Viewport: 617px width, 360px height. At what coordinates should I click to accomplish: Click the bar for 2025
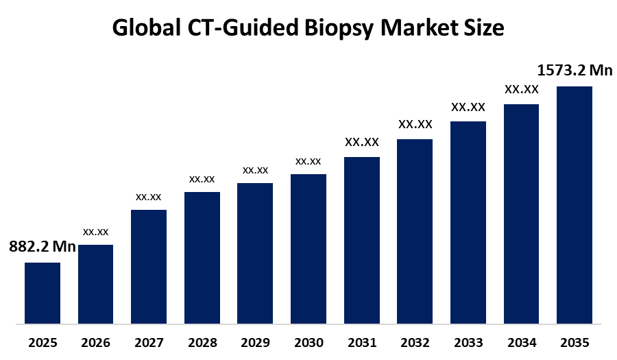point(43,292)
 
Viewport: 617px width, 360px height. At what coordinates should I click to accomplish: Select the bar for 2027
point(149,266)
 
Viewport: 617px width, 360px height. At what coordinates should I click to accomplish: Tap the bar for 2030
point(308,248)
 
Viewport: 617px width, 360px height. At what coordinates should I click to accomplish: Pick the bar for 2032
point(415,230)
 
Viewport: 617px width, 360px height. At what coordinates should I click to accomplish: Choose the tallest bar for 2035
point(574,204)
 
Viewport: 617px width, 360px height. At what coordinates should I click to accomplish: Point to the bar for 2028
point(202,257)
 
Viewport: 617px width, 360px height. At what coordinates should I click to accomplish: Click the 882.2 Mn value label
point(42,248)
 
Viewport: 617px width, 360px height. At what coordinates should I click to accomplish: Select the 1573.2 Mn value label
point(574,70)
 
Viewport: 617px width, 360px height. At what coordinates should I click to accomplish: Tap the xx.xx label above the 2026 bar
point(95,232)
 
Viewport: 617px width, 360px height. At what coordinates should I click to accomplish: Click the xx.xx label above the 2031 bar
point(361,142)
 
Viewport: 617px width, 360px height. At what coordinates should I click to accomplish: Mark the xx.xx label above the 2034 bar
point(521,89)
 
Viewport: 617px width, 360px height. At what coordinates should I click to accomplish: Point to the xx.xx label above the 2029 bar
point(255,169)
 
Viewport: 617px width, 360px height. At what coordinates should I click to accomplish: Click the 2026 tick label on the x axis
point(95,342)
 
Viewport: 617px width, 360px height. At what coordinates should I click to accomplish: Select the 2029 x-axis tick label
point(255,342)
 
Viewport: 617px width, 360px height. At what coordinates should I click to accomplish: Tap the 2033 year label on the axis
point(468,342)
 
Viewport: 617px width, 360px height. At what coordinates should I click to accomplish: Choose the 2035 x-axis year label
point(574,342)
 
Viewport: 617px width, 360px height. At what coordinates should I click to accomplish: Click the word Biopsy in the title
point(340,29)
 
